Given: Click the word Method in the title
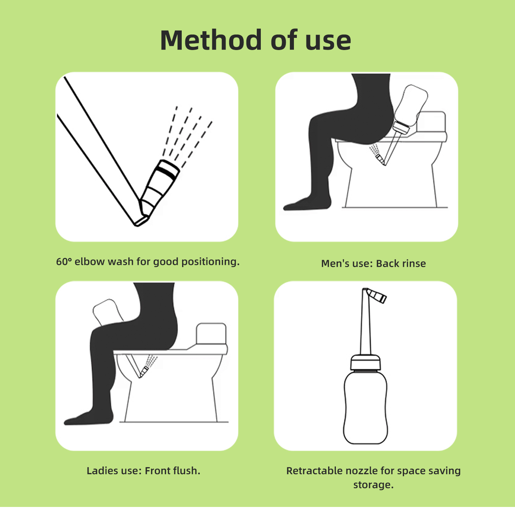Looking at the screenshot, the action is pos(211,40).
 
